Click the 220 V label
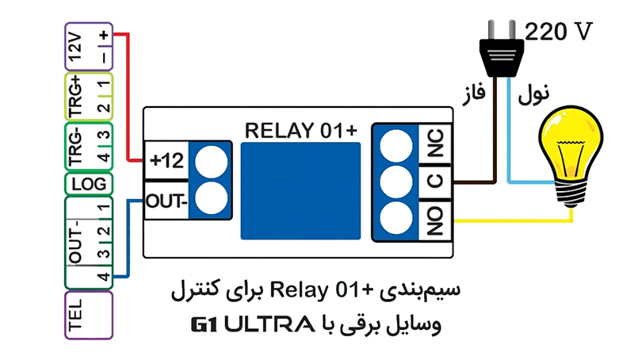(x=560, y=32)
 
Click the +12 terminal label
(x=166, y=161)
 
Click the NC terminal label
(x=434, y=146)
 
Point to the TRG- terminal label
(x=75, y=145)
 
